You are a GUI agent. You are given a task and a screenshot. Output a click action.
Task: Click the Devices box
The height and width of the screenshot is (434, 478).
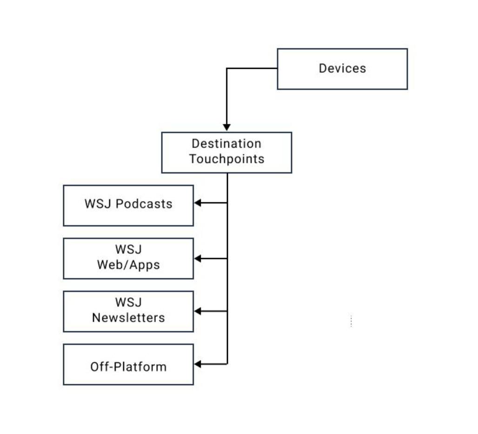click(342, 69)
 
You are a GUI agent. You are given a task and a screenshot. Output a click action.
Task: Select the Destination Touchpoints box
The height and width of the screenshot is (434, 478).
click(226, 152)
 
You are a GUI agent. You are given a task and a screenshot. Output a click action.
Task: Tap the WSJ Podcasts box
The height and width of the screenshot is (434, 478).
click(128, 205)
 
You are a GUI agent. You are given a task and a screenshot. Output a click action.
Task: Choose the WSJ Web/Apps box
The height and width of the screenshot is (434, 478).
click(128, 258)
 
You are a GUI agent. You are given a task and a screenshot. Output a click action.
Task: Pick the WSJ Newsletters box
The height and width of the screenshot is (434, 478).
click(128, 311)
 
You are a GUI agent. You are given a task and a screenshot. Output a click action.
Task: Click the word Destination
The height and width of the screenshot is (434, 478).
click(226, 144)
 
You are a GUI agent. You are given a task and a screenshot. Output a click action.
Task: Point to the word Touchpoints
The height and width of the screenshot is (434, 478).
click(226, 159)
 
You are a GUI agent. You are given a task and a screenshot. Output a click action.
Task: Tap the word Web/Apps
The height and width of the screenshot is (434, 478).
click(128, 265)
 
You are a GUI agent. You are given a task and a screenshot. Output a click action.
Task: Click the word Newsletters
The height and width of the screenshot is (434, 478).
click(128, 318)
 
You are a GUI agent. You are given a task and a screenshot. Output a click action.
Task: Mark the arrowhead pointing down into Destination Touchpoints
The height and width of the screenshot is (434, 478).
click(227, 127)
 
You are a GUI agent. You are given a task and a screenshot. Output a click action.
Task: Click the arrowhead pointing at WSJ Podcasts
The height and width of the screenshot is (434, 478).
click(198, 203)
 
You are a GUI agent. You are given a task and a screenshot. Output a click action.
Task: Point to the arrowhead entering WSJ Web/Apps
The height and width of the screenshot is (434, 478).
click(198, 258)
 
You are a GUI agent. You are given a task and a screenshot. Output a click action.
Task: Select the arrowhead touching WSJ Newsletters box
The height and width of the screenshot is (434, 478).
click(198, 311)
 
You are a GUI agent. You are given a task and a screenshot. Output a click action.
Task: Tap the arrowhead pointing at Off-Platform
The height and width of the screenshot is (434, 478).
click(198, 364)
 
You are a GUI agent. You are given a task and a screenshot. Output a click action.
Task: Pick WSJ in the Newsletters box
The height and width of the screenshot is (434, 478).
click(128, 302)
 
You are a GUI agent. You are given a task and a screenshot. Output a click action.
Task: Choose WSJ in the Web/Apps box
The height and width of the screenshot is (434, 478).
click(128, 250)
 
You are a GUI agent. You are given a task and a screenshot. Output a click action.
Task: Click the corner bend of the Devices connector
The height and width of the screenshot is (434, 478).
click(227, 69)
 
